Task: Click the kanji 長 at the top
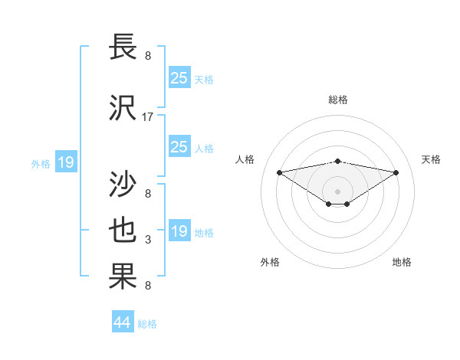coord(124,47)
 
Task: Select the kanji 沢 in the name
coord(124,109)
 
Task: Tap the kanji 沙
coord(124,184)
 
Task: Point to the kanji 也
coord(124,231)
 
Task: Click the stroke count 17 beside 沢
coord(148,117)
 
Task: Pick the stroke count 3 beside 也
coord(148,240)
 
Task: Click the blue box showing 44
coord(123,322)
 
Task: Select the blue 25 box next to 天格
coord(179,77)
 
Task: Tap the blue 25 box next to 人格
coord(179,147)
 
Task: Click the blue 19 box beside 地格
coord(179,231)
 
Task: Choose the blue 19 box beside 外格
coord(65,162)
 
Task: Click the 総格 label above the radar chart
coord(337,100)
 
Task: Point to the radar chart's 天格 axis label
coord(431,159)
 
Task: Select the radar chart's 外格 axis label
coord(270,262)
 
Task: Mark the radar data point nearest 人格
coord(279,172)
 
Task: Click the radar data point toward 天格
coord(396,172)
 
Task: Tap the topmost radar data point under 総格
coord(337,161)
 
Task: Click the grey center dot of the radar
coord(337,191)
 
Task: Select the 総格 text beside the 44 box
coord(147,324)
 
